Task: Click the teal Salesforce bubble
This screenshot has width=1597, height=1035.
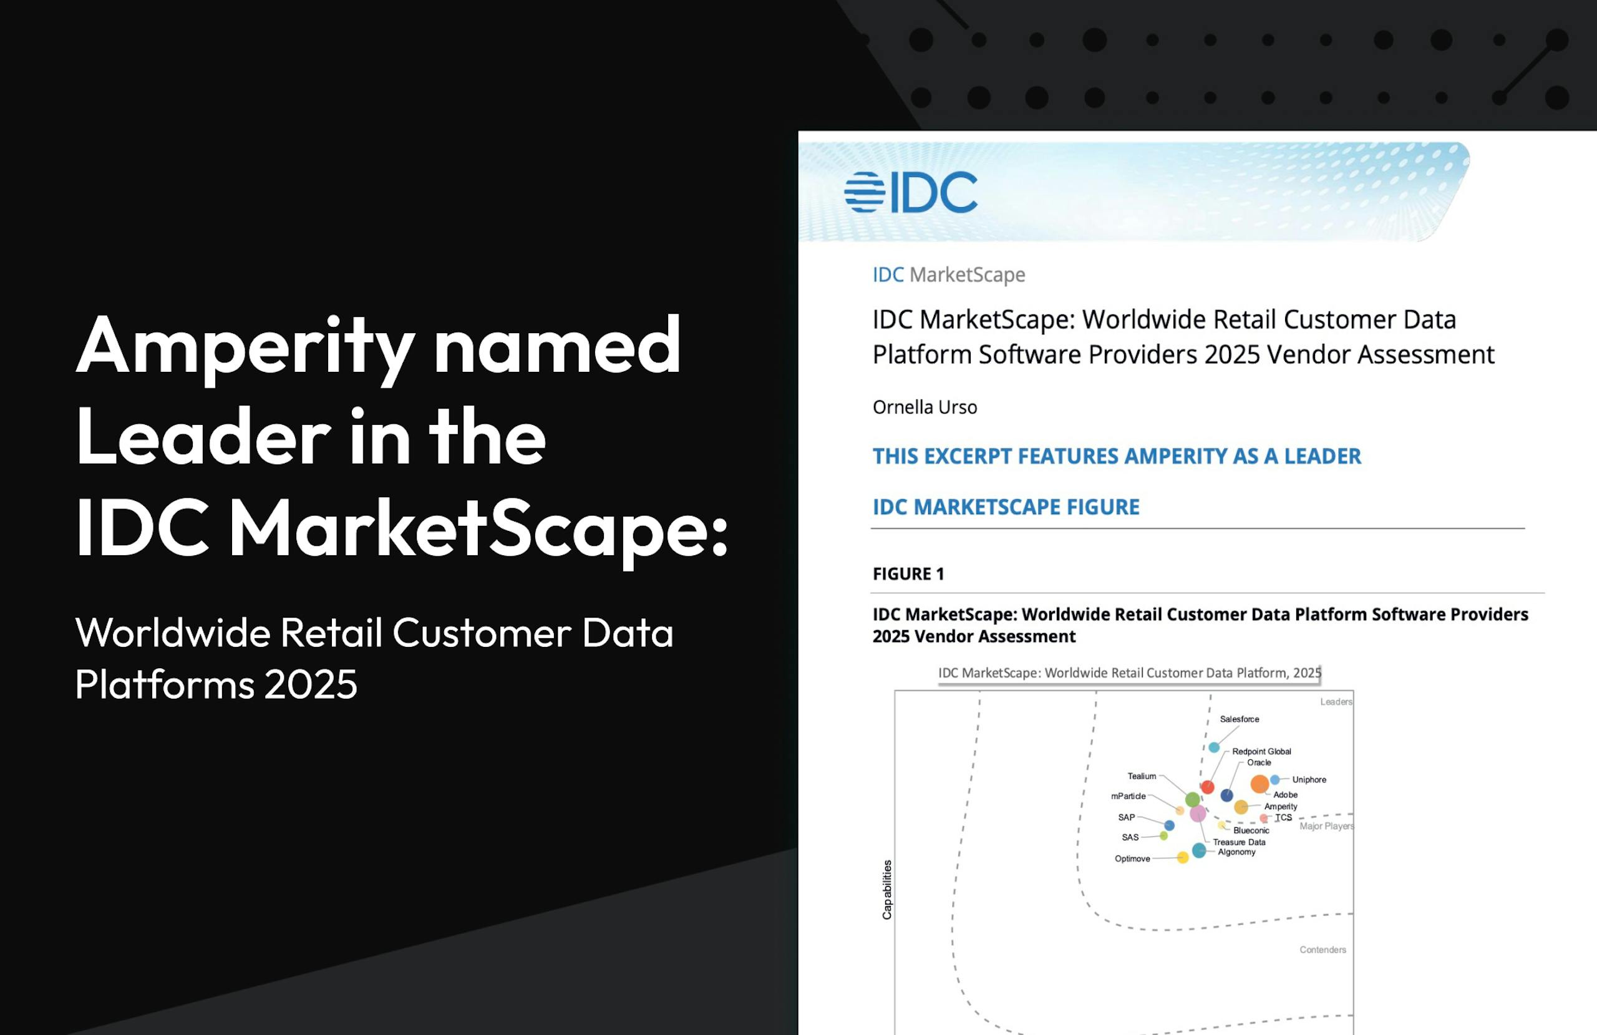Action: (x=1214, y=747)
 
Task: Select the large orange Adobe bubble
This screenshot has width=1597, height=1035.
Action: (x=1260, y=784)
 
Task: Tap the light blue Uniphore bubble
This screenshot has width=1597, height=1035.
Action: (x=1275, y=780)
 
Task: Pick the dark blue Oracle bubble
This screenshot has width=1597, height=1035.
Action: (x=1226, y=795)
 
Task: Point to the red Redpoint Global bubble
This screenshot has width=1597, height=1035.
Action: (x=1207, y=787)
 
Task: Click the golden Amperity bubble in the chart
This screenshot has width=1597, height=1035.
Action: (x=1241, y=807)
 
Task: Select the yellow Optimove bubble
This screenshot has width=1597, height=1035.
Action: (x=1183, y=857)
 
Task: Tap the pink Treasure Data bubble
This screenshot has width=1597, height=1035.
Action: (x=1198, y=814)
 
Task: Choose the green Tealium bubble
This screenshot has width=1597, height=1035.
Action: (x=1192, y=799)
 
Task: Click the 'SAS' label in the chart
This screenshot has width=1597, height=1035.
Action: (x=1130, y=837)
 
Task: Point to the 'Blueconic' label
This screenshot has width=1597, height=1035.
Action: (x=1251, y=830)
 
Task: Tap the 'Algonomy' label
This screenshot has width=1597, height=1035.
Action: (x=1236, y=852)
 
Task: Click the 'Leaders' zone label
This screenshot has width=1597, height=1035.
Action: (x=1336, y=701)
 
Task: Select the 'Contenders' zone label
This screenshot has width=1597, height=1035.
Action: (x=1323, y=950)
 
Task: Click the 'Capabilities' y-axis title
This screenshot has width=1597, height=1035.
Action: (x=887, y=890)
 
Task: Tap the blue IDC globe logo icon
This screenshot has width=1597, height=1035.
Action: (x=865, y=192)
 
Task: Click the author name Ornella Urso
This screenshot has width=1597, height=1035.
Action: (x=925, y=407)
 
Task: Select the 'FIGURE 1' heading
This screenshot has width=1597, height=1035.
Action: (x=908, y=574)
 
